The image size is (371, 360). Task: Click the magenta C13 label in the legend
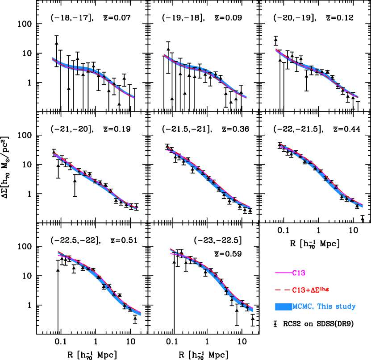tap(299, 273)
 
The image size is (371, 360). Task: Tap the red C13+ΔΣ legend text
tap(311, 290)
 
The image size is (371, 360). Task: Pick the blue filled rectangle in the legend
tap(283, 307)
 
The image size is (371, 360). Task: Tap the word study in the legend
tap(346, 307)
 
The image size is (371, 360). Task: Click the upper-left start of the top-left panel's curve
tap(53, 58)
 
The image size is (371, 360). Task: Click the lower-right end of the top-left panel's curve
tap(134, 97)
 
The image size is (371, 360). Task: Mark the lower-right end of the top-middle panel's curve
tap(246, 98)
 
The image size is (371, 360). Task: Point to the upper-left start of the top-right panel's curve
tap(276, 50)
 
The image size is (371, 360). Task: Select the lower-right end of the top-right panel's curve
tap(358, 97)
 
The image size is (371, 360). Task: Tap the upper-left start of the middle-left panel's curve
tap(54, 154)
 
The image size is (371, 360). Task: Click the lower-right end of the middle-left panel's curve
tap(136, 208)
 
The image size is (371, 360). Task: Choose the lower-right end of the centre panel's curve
tap(250, 207)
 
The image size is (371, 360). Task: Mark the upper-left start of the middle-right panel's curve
tap(280, 145)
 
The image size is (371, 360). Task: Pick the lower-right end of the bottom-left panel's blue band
tap(141, 314)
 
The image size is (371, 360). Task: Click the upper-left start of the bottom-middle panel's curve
tap(171, 249)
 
